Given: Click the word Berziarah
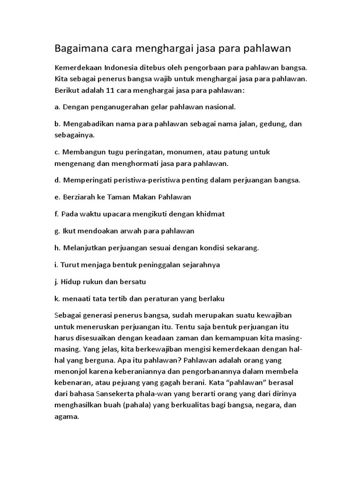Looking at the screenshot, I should [x=78, y=197].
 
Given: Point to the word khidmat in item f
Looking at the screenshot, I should [x=210, y=214].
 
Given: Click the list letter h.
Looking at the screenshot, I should [x=57, y=247].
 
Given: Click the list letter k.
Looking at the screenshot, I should [x=57, y=298].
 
